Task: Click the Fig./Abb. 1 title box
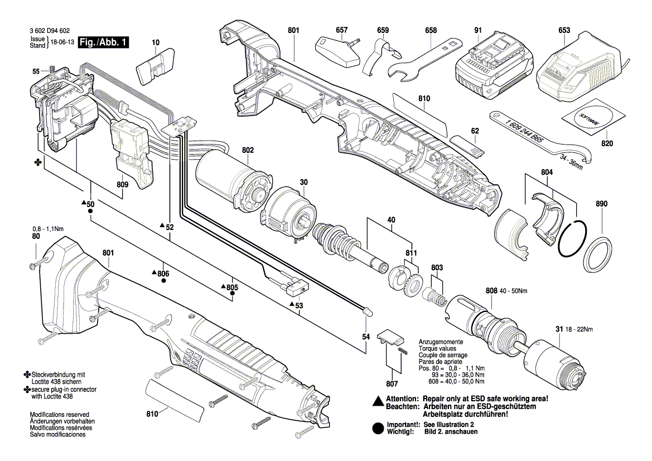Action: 104,42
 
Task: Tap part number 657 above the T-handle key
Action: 342,30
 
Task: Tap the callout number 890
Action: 601,204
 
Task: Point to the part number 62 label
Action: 475,131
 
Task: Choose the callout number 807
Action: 392,383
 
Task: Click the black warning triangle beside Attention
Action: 378,401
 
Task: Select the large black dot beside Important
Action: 378,429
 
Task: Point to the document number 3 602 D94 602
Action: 50,31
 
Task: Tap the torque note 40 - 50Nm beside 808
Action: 513,291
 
